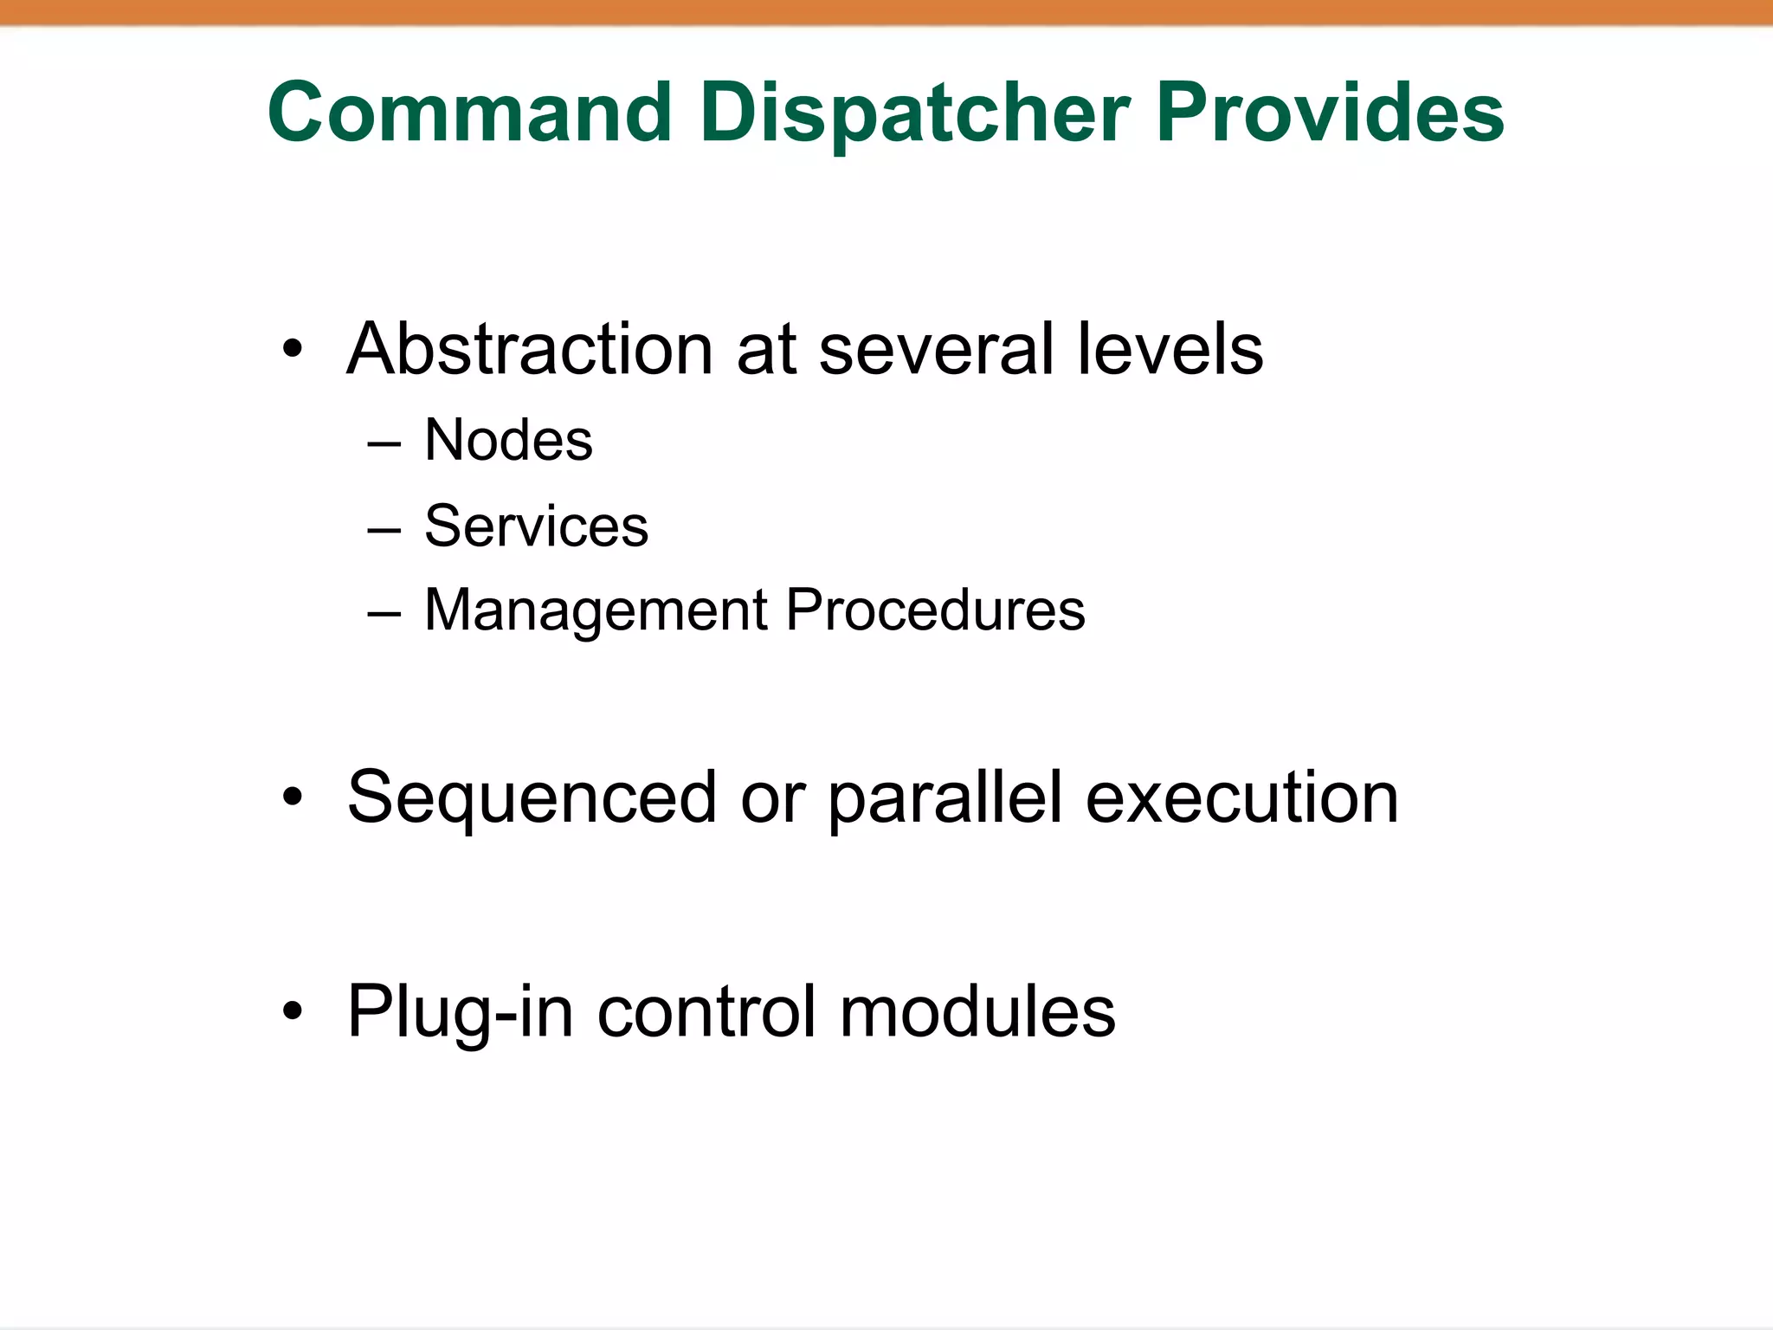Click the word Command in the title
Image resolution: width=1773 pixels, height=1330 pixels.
pos(470,113)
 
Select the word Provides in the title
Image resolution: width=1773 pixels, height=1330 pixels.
pos(1330,113)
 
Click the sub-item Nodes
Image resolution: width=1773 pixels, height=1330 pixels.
pos(508,440)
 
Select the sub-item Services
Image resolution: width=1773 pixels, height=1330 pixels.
pos(536,526)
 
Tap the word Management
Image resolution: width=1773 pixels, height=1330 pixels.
pos(596,610)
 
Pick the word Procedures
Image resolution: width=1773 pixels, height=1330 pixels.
pos(935,610)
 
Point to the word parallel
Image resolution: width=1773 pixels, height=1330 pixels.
pos(945,798)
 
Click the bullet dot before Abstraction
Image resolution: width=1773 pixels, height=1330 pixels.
pos(293,350)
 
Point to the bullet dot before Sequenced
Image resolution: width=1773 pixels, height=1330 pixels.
pos(293,797)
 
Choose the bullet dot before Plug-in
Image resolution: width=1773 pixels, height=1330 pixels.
pos(293,1010)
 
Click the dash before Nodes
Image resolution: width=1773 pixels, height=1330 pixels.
pos(384,443)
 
